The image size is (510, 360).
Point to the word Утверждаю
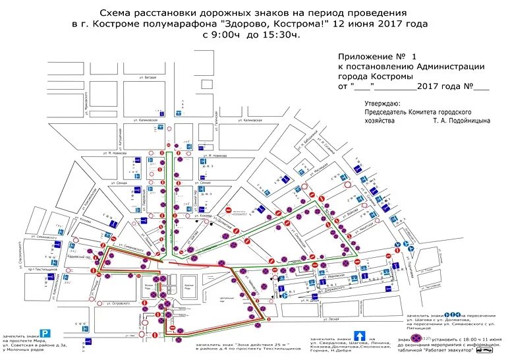pyautogui.click(x=382, y=104)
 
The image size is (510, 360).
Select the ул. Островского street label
pyautogui.click(x=108, y=304)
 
